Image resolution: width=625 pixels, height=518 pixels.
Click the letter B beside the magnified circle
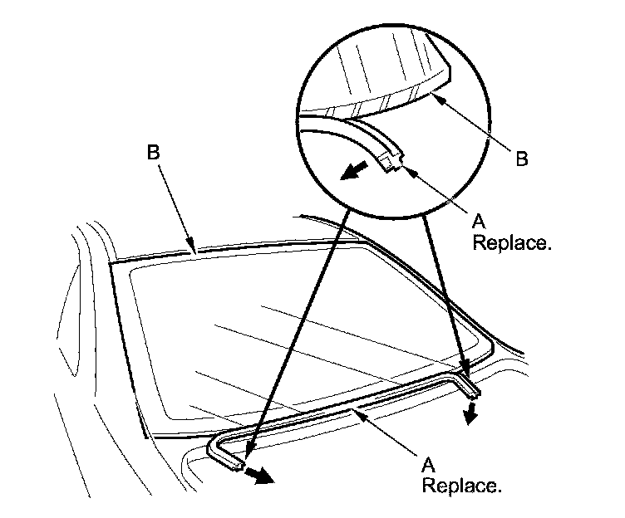click(x=521, y=159)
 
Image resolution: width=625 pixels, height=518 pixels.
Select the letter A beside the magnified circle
click(x=478, y=220)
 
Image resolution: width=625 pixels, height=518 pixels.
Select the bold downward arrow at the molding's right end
click(x=470, y=413)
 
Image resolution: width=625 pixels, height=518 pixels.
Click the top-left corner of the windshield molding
click(x=111, y=265)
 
